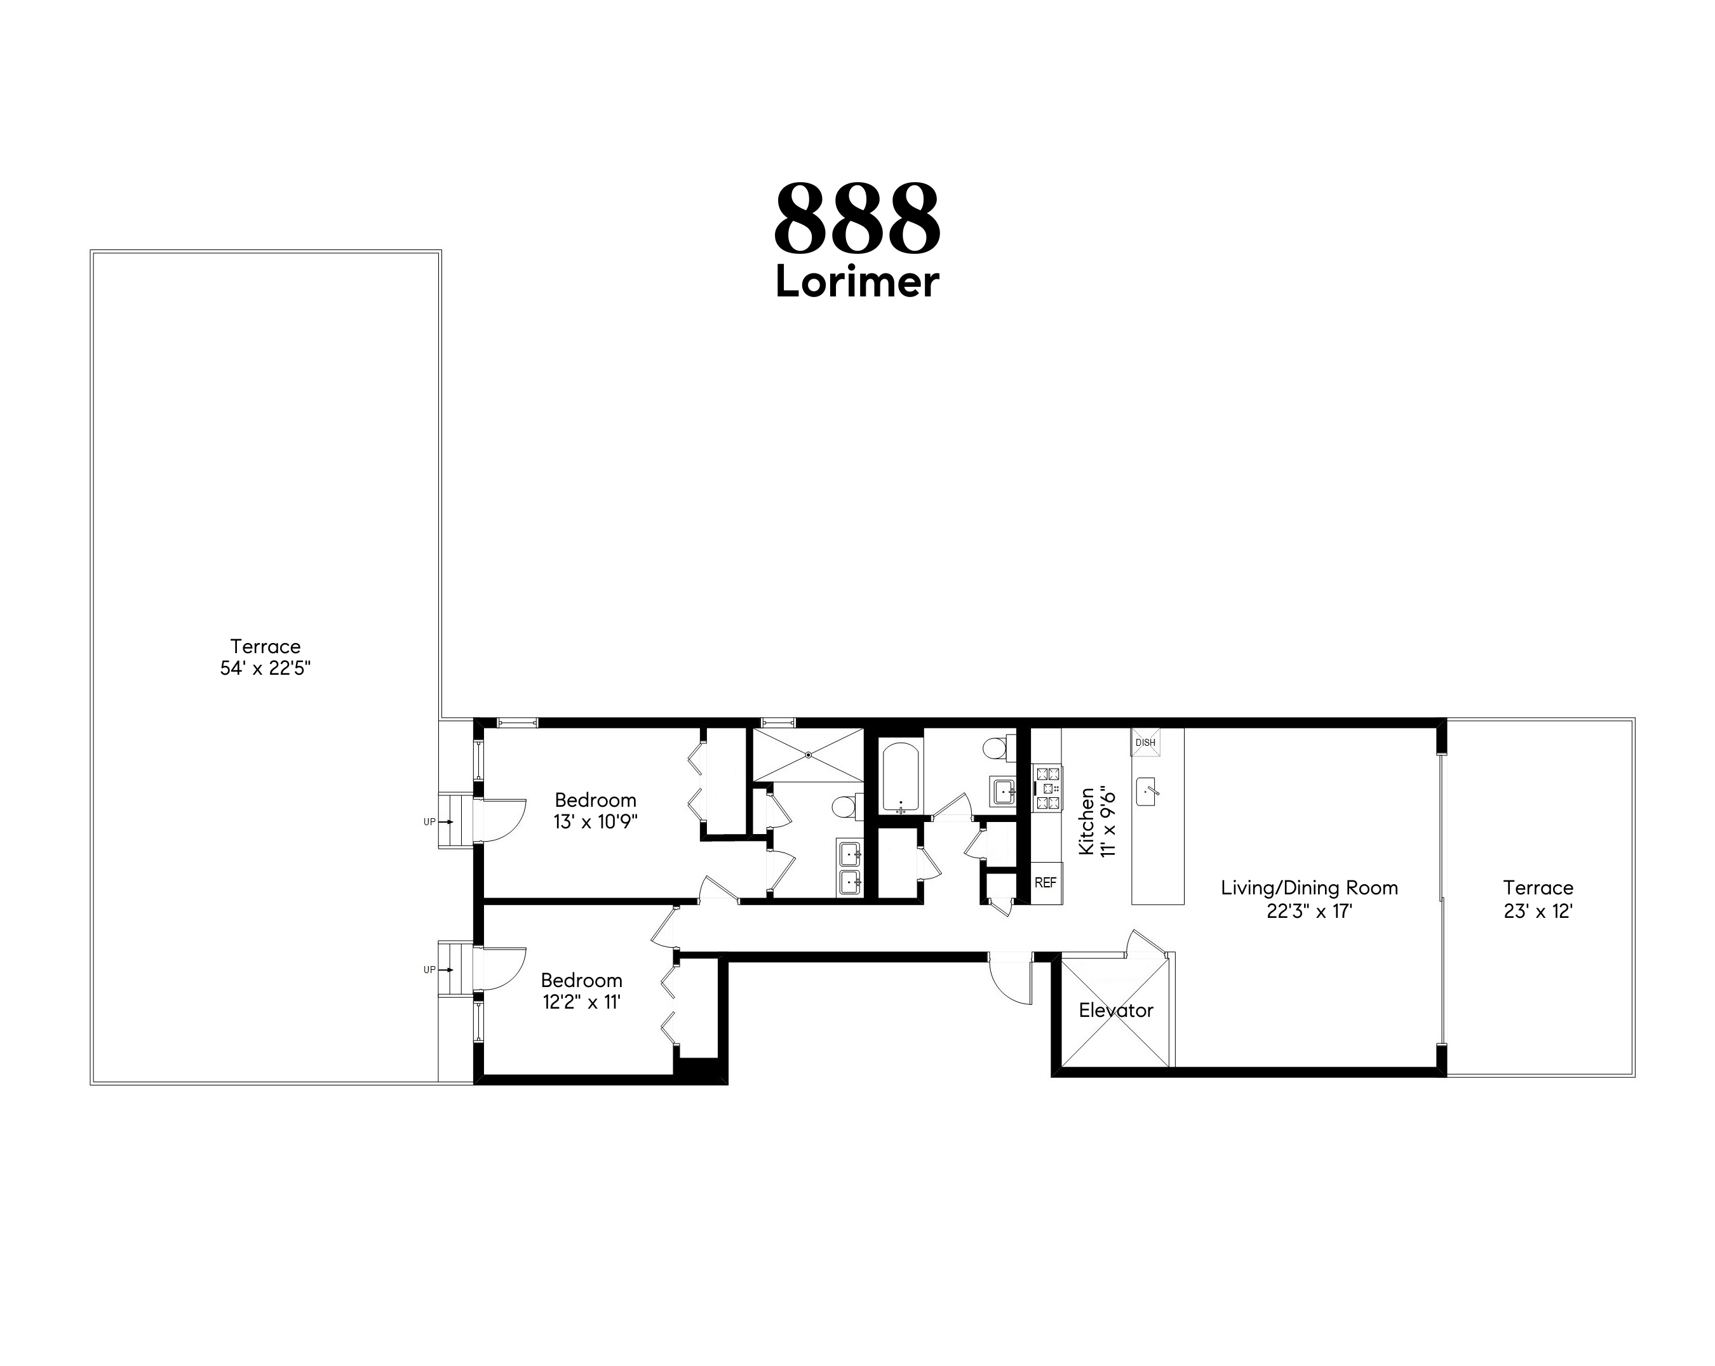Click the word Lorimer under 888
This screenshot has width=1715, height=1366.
click(857, 282)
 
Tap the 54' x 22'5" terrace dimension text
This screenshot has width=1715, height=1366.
click(265, 668)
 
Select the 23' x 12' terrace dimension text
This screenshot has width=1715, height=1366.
click(1538, 912)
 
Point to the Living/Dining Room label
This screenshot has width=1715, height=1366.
click(1308, 887)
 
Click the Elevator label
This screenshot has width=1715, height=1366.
click(1115, 1010)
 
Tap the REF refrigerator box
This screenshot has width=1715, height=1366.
click(1046, 882)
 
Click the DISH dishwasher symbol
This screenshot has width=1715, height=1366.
click(1145, 742)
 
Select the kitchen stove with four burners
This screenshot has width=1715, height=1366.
click(1047, 787)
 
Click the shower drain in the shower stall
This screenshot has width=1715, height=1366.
click(808, 753)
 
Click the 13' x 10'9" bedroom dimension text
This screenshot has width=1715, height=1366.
click(595, 821)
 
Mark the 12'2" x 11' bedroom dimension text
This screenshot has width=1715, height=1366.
click(581, 1002)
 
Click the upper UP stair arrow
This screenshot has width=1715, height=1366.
click(447, 821)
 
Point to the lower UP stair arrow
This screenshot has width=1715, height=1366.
click(447, 969)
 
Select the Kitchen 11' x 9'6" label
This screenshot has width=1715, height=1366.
click(1097, 821)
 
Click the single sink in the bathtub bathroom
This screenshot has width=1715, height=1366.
click(1002, 791)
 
